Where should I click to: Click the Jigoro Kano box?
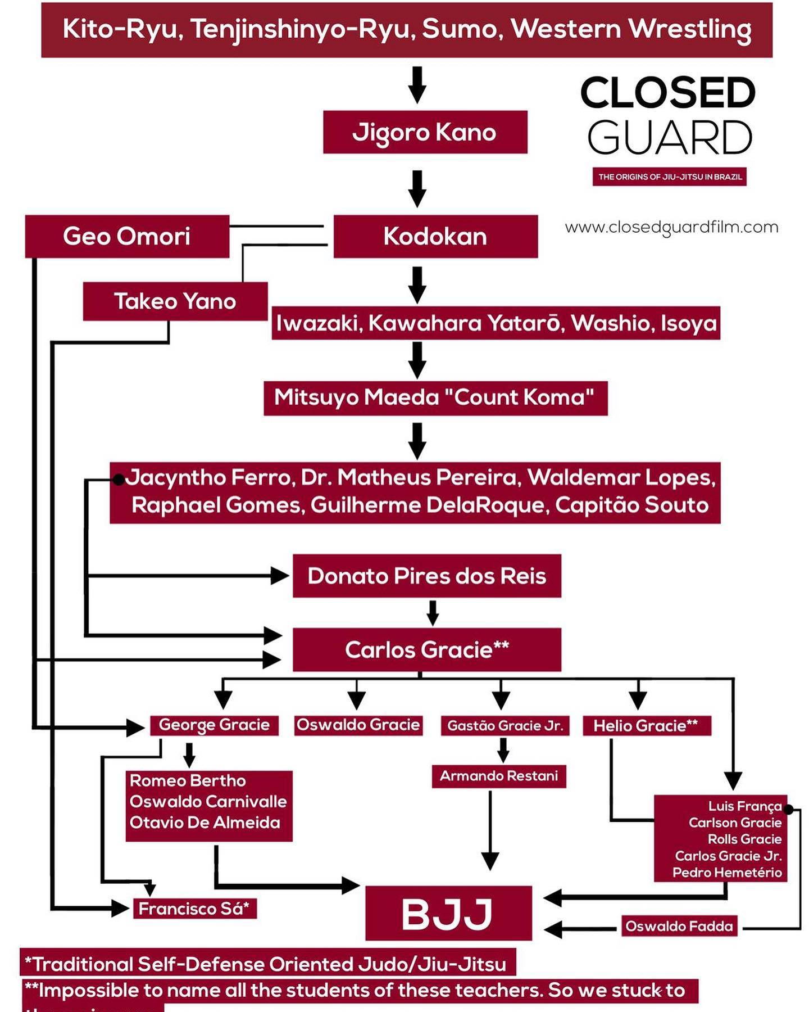425,132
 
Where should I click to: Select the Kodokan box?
435,236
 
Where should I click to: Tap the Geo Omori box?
127,236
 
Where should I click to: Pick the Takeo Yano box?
175,301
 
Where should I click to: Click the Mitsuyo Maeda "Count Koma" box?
435,398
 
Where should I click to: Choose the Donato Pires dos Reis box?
426,576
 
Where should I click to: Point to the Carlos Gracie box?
426,650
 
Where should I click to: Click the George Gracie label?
214,725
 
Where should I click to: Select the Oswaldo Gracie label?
358,725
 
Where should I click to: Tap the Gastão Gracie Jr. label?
505,726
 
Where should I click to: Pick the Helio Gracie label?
646,726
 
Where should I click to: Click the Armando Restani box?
499,776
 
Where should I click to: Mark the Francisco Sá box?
194,909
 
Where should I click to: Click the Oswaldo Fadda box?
679,926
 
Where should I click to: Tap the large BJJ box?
448,914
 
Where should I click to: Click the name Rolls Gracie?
744,839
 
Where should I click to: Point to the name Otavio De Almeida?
205,823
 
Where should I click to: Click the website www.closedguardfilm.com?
671,227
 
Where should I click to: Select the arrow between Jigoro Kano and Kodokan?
417,189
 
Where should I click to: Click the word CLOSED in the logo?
668,93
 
